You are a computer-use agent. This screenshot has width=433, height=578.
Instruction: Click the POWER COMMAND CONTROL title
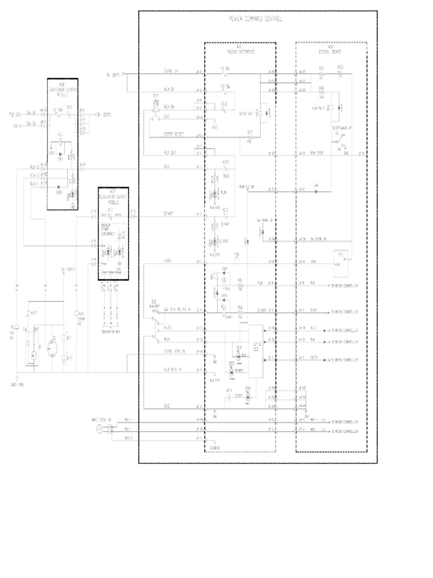(255, 19)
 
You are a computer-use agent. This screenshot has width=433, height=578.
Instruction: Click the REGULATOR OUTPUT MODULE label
(113, 196)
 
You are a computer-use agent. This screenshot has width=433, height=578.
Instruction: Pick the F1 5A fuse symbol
(225, 72)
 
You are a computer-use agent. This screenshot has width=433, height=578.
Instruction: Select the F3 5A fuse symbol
(225, 89)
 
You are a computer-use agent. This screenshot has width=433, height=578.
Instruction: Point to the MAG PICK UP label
(101, 420)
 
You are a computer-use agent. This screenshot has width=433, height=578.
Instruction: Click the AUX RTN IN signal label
(173, 369)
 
